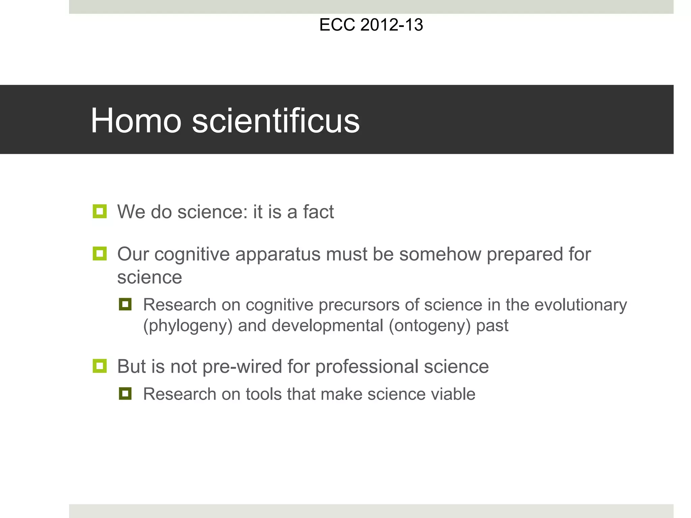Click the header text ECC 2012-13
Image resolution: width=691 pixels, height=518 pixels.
click(x=371, y=25)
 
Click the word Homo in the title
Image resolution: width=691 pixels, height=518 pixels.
click(x=136, y=121)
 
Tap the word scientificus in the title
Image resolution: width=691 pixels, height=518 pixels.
click(x=276, y=121)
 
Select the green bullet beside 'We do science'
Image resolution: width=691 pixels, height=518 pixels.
click(x=100, y=211)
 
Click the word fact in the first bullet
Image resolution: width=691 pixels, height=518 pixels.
click(x=318, y=212)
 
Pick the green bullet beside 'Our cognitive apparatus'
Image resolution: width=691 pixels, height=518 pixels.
click(x=100, y=254)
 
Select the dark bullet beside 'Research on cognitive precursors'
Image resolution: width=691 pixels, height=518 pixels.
click(x=125, y=304)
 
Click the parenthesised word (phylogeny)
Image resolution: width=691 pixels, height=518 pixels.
click(x=188, y=326)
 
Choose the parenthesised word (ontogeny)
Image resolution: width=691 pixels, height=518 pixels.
click(x=430, y=326)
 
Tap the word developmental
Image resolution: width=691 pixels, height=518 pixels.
click(x=327, y=326)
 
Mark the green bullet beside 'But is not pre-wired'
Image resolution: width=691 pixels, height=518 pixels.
click(x=100, y=366)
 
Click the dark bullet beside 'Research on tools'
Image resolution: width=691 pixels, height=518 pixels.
click(x=125, y=394)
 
